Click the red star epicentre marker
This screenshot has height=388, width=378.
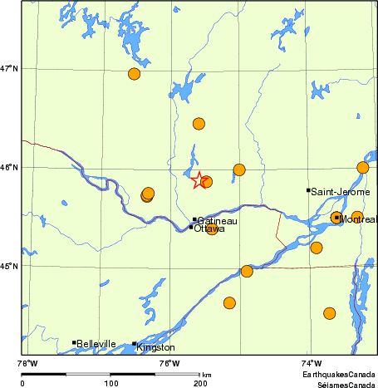coord(199,179)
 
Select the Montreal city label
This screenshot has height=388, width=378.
coord(358,220)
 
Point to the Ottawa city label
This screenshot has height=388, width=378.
coord(209,228)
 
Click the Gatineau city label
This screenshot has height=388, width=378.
coord(218,221)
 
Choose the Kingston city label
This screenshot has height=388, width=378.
coord(156,347)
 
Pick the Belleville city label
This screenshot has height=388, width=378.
coord(96,344)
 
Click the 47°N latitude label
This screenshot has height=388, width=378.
coord(9,68)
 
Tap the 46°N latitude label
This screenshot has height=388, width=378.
coord(9,167)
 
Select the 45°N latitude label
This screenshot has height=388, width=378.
coord(9,266)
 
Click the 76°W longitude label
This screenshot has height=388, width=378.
coord(169,362)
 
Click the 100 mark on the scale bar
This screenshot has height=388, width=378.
coord(110,383)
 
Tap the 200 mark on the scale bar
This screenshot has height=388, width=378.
coord(199,383)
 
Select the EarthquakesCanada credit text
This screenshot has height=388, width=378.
coord(338,375)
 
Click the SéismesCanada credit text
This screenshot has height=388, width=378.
coord(340,383)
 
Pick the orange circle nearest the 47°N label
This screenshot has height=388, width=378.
coord(135,74)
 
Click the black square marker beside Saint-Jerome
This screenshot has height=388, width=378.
coord(308,190)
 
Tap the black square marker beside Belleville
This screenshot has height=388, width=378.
coord(74,342)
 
